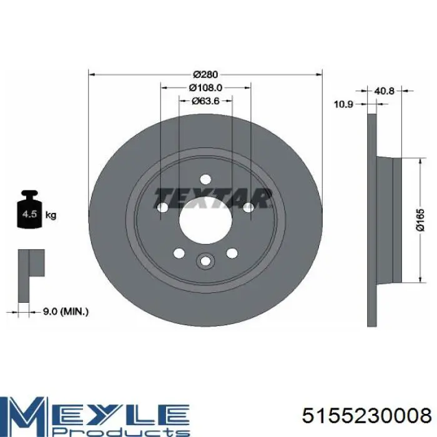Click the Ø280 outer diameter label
[x=205, y=75]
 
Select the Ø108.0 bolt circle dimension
[x=205, y=88]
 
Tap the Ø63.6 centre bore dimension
[x=205, y=101]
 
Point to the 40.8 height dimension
[x=385, y=91]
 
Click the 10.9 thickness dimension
[x=343, y=104]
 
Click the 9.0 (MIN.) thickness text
[x=66, y=312]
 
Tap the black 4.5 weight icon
[x=29, y=209]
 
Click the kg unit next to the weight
[x=51, y=215]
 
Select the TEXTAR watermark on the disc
[x=213, y=198]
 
